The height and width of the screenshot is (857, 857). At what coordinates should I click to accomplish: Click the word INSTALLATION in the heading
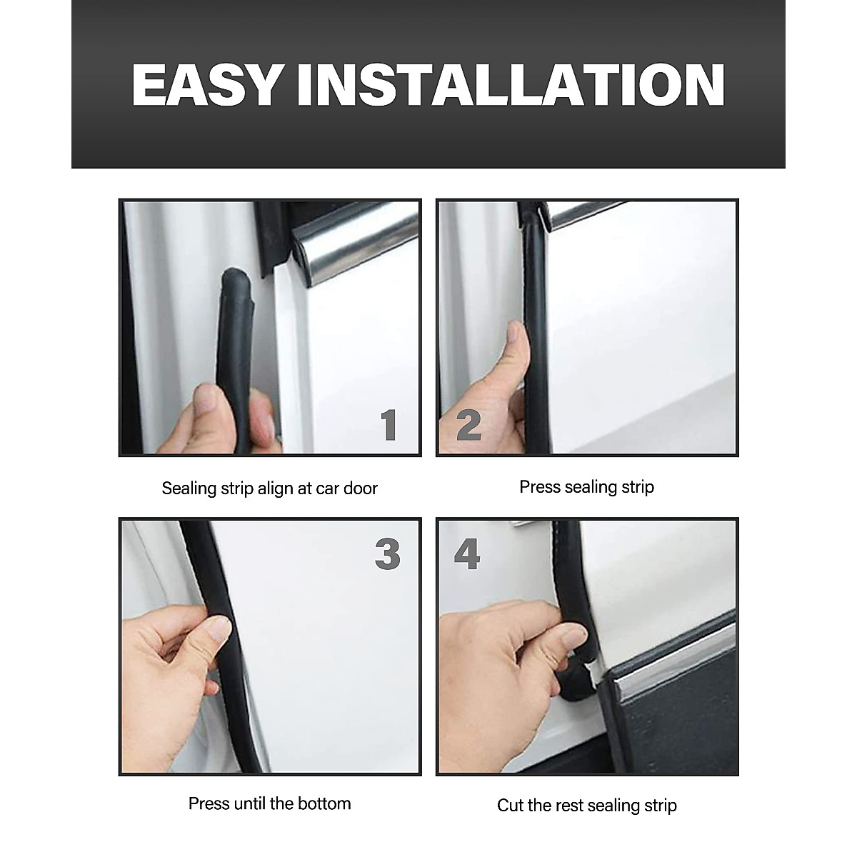[511, 85]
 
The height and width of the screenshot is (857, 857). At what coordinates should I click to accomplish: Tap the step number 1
[389, 426]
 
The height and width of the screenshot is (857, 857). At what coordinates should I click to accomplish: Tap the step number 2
[468, 426]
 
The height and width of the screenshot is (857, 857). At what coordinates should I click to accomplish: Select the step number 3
[388, 554]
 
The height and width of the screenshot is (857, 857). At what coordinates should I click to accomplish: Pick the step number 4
[467, 554]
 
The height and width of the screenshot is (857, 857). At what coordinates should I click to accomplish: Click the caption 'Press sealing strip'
[586, 487]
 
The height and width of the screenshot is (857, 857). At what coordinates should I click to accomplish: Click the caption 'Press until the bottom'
[269, 803]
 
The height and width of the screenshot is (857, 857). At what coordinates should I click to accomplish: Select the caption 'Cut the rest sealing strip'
[586, 806]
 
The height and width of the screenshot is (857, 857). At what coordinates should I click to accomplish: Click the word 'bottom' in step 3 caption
[326, 803]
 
